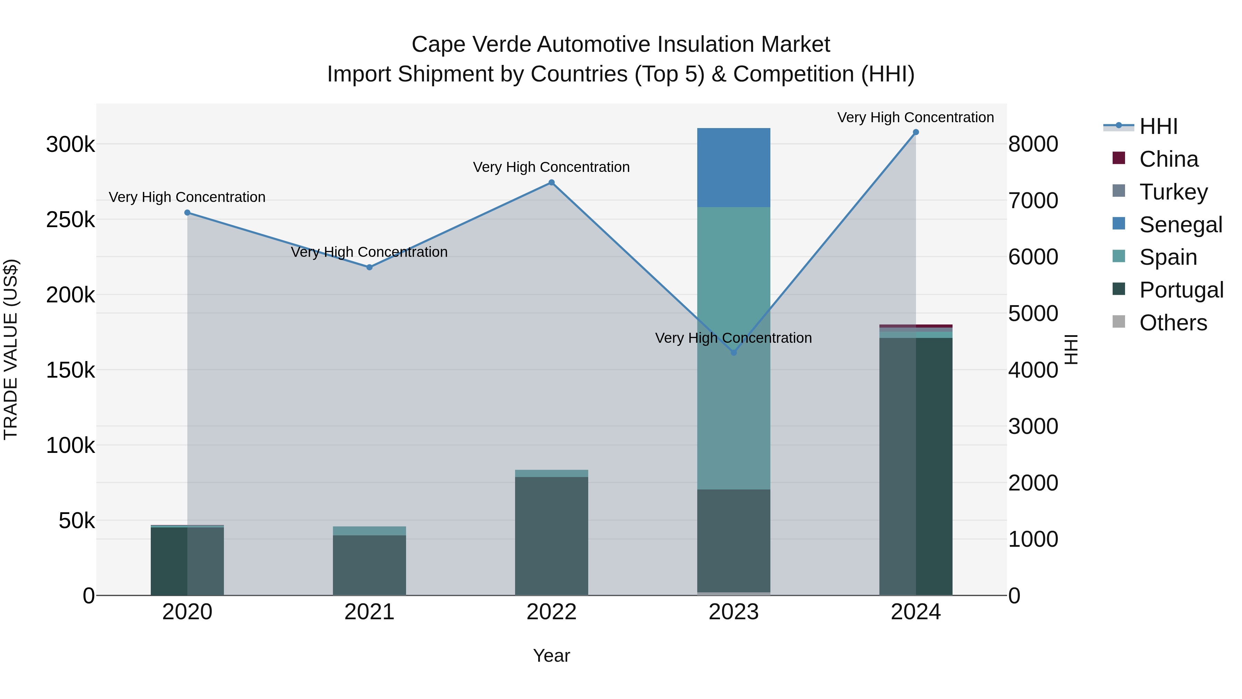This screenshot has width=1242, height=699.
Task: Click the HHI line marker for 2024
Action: tap(916, 132)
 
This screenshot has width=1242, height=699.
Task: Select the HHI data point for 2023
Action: tap(734, 353)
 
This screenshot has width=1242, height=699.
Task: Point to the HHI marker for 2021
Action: tap(369, 267)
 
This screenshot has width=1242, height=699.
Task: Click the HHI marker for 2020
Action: tap(188, 213)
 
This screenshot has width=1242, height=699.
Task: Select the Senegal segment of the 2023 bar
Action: tap(734, 167)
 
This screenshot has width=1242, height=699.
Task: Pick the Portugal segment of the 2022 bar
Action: tap(552, 535)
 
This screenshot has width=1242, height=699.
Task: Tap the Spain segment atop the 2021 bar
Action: tap(369, 531)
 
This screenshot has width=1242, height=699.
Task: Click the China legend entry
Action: tap(1168, 159)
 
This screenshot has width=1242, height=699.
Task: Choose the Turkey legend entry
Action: tap(1173, 192)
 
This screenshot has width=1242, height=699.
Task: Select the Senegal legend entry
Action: tap(1180, 225)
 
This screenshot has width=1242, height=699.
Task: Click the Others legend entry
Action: tap(1173, 323)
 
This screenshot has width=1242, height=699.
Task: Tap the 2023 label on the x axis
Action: tap(734, 612)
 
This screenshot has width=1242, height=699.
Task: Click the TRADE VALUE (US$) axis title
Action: tap(11, 349)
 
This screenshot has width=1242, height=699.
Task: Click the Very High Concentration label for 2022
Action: tap(552, 167)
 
